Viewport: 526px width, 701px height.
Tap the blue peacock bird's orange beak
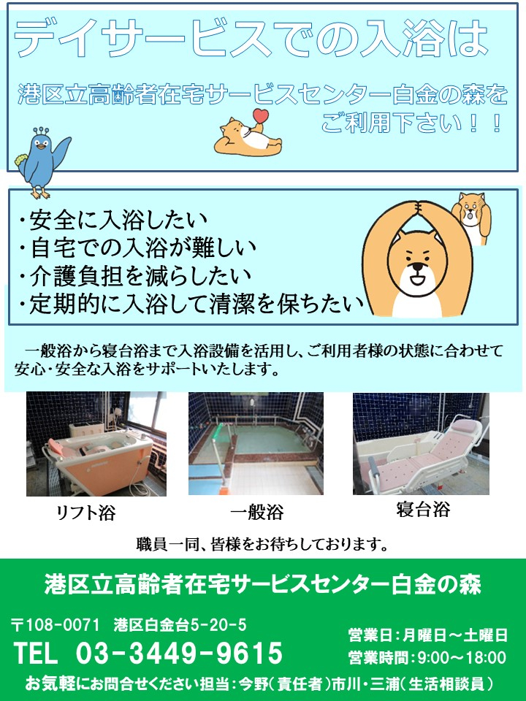click(x=42, y=146)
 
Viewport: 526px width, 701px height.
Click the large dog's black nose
click(x=418, y=267)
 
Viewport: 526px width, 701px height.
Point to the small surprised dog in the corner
click(x=471, y=218)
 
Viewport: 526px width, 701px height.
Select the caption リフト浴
click(x=86, y=513)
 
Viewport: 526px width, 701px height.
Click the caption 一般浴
click(x=257, y=512)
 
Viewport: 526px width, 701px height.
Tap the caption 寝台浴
click(x=423, y=510)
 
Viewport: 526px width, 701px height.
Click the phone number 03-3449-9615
click(x=180, y=653)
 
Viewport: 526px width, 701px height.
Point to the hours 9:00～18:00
click(x=462, y=658)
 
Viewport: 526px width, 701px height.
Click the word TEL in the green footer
click(x=36, y=653)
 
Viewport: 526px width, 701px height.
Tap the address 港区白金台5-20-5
click(x=180, y=624)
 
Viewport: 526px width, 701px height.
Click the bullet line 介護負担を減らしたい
click(x=135, y=276)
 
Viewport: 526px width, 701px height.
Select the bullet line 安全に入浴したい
click(x=113, y=220)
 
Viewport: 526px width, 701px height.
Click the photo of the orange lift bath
click(x=96, y=444)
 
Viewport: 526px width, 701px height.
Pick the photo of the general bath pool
click(x=256, y=443)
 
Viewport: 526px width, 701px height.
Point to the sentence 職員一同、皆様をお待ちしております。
click(x=262, y=544)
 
